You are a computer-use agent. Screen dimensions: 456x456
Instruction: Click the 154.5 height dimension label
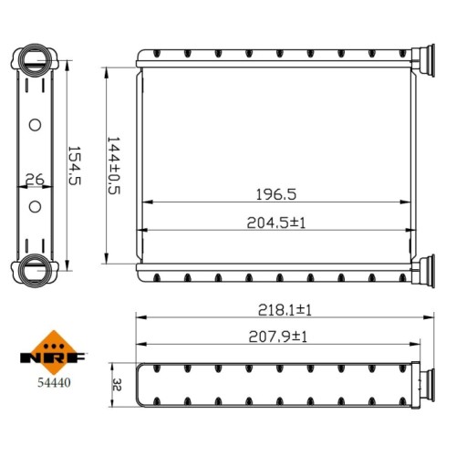click(x=75, y=166)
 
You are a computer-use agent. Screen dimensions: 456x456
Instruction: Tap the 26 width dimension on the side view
click(x=35, y=180)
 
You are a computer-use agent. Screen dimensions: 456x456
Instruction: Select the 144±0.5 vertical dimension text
click(x=114, y=166)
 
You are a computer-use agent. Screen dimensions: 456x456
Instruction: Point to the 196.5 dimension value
click(x=276, y=194)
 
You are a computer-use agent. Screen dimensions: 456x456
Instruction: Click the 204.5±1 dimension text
click(x=276, y=223)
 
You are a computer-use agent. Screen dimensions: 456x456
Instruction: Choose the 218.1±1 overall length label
click(x=285, y=310)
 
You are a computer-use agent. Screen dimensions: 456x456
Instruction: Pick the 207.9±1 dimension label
click(x=278, y=337)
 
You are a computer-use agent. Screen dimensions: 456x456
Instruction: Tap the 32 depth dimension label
click(x=117, y=385)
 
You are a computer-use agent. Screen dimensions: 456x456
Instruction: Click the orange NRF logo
click(x=54, y=353)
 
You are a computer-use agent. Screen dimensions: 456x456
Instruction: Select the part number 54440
click(x=54, y=382)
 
